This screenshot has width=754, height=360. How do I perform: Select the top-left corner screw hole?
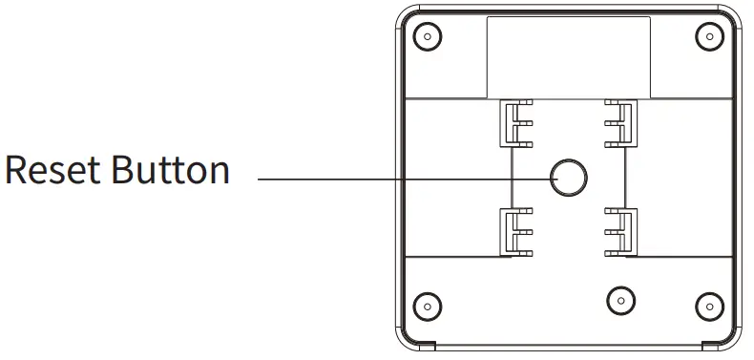428,36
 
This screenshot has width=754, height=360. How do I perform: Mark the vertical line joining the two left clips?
513,178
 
